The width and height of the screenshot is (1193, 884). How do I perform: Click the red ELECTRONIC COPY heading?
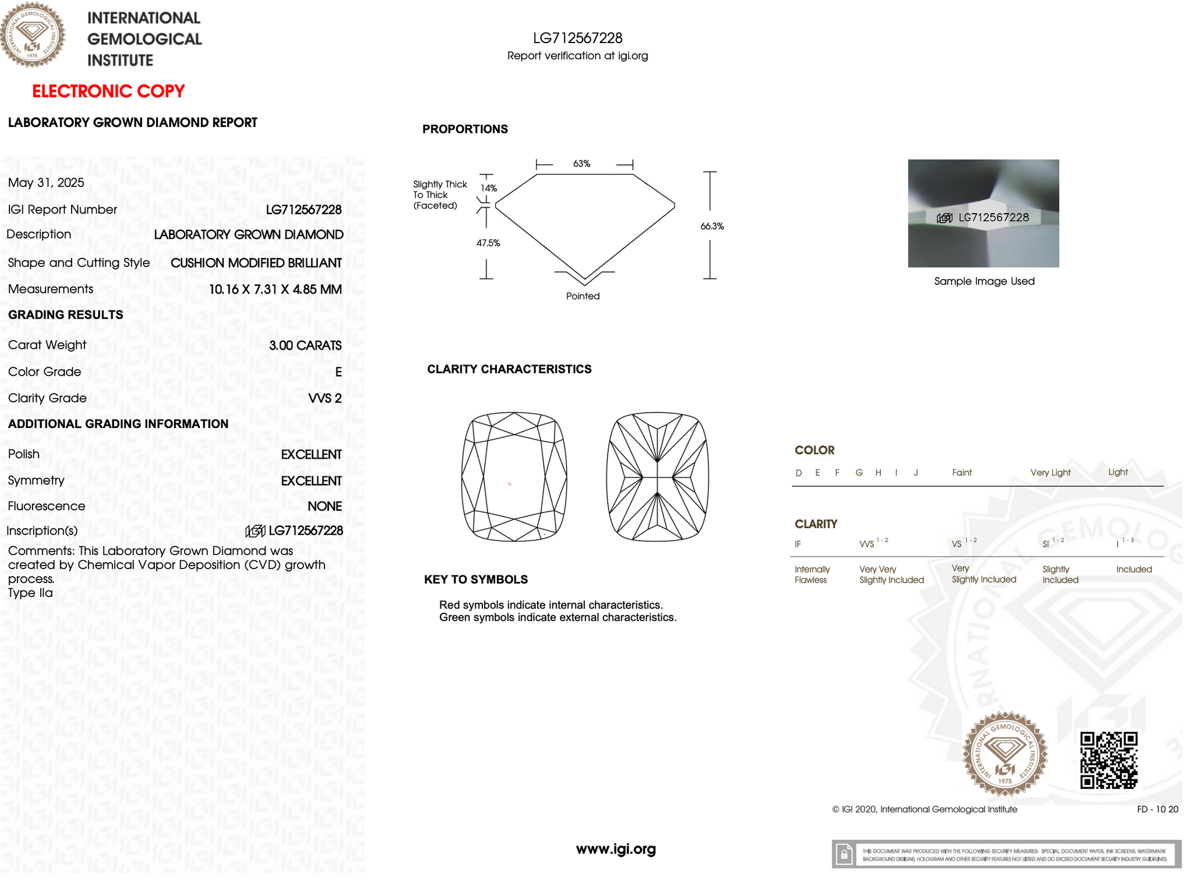click(108, 91)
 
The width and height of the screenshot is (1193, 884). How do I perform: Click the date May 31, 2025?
click(46, 183)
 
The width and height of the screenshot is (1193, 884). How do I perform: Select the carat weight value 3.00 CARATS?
click(305, 345)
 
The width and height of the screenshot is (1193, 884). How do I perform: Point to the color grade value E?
click(338, 372)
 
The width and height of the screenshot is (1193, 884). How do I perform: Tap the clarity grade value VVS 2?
click(324, 398)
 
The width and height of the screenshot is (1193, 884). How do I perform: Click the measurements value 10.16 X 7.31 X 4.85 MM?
click(275, 289)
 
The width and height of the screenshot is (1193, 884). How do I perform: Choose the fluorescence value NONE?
click(324, 507)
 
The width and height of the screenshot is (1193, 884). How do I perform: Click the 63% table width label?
click(581, 164)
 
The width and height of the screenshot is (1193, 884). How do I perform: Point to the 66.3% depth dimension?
click(712, 227)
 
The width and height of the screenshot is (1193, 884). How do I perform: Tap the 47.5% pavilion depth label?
click(488, 243)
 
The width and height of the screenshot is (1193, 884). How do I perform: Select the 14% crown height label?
click(489, 188)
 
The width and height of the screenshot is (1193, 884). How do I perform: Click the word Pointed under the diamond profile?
click(583, 296)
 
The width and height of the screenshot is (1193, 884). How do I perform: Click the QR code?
click(1109, 761)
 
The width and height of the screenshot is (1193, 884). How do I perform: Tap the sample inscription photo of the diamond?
click(983, 213)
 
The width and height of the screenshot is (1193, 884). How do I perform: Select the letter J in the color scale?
click(916, 473)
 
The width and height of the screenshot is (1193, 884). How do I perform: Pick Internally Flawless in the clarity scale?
click(812, 574)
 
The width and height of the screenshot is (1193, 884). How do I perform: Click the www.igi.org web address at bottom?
click(616, 849)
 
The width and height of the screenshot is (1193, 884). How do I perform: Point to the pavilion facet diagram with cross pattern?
click(657, 477)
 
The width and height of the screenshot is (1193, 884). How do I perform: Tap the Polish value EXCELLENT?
click(311, 455)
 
